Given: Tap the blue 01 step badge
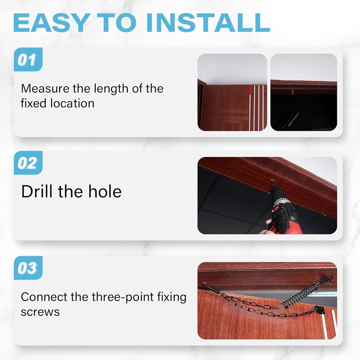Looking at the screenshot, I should (28, 60).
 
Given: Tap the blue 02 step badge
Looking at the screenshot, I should (28, 163).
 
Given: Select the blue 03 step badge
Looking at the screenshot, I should (28, 268).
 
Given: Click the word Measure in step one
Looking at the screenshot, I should (45, 88).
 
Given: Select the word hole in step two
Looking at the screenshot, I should (104, 192).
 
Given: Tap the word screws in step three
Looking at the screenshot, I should (40, 312).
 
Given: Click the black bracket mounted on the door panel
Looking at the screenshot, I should (320, 310).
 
